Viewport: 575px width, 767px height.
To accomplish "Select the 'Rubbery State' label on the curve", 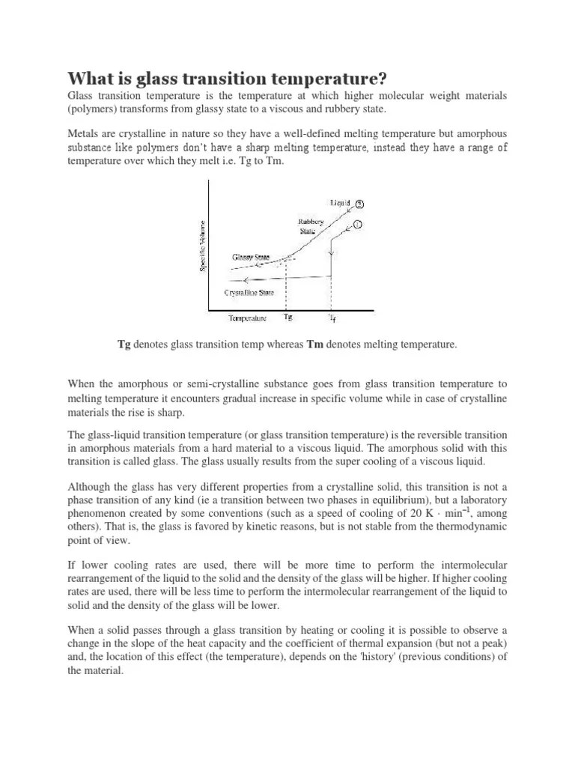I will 308,226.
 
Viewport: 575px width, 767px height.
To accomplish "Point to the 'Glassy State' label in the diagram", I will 251,257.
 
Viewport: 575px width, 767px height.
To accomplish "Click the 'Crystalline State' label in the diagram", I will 251,292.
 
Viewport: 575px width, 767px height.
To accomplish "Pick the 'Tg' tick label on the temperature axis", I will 288,317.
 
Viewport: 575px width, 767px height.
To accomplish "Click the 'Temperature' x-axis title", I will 248,318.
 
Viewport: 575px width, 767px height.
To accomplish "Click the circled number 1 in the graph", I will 358,225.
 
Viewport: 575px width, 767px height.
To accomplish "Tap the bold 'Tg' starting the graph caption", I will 124,344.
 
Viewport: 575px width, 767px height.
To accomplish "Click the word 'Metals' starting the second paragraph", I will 83,133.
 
